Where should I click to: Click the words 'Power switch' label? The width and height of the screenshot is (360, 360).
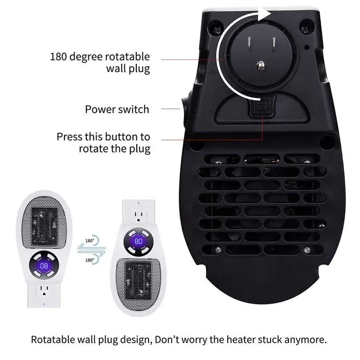(x=117, y=109)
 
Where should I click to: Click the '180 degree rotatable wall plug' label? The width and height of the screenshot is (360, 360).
(x=100, y=62)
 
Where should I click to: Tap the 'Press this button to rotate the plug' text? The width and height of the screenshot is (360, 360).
(x=103, y=143)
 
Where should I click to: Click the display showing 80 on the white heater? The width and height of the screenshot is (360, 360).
(x=138, y=241)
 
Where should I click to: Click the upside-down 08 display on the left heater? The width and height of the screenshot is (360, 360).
(x=45, y=265)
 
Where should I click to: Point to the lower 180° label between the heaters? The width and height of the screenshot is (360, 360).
(x=89, y=260)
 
